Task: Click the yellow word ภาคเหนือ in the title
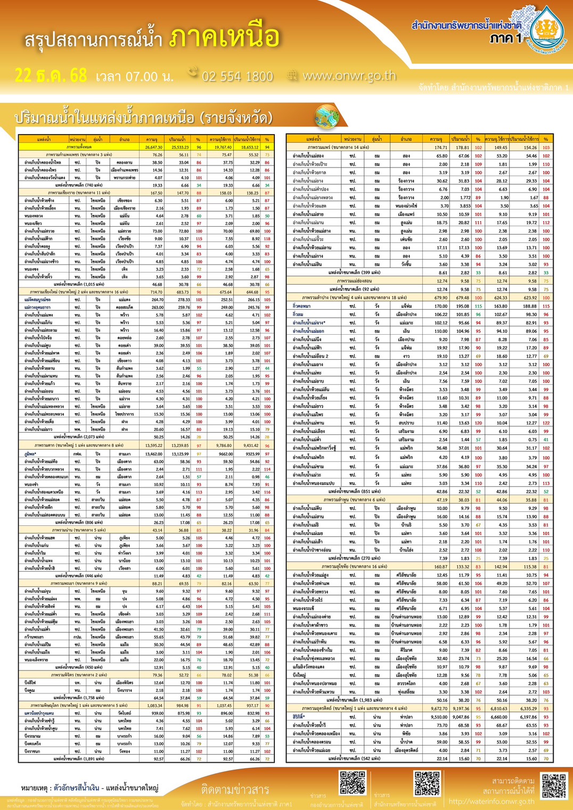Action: (224, 38)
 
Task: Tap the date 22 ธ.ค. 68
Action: (51, 76)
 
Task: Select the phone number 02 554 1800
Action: (237, 77)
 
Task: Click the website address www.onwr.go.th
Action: (349, 76)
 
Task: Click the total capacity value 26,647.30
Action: (153, 147)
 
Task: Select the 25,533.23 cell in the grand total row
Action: (180, 147)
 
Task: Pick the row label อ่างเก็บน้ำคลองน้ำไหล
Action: (43, 162)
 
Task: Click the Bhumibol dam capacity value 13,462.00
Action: (153, 454)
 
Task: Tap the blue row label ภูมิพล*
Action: (30, 454)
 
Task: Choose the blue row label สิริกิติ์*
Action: (299, 717)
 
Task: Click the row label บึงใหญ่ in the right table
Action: (299, 675)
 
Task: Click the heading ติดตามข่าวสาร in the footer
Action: (235, 789)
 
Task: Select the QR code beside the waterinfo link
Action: (554, 787)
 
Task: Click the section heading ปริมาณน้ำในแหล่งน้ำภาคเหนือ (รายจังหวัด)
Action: (144, 118)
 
